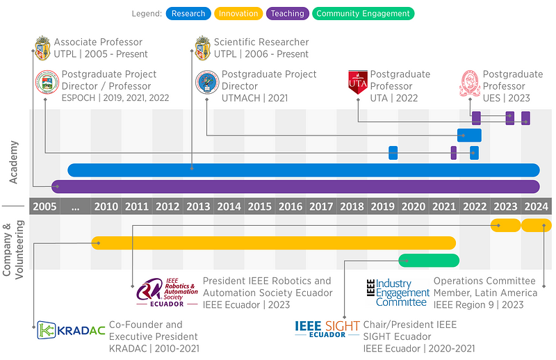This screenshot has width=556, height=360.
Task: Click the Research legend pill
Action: click(188, 13)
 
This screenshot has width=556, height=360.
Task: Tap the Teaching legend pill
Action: click(286, 13)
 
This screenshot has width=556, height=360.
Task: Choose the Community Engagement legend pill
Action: click(363, 13)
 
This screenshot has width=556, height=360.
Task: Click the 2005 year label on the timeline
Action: click(44, 206)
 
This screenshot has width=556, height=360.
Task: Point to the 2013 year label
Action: click(198, 206)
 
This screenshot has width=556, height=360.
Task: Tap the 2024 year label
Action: click(537, 206)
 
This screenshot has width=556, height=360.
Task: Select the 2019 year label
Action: click(382, 206)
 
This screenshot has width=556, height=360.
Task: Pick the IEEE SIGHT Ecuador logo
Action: click(327, 329)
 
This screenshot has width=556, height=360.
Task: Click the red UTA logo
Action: click(357, 83)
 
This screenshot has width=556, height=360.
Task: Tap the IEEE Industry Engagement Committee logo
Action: click(398, 293)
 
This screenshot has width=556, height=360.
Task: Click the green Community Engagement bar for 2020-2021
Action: click(429, 261)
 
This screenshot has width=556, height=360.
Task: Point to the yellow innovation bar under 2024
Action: click(537, 225)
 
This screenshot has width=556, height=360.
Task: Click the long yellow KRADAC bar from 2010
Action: click(273, 243)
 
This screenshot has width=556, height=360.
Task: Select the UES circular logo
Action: click(469, 83)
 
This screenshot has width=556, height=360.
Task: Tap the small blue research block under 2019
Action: click(393, 153)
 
